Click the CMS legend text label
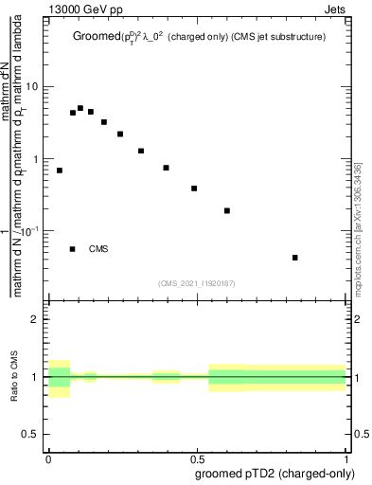(x=98, y=249)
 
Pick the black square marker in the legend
(x=73, y=249)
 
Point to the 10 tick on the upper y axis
(x=33, y=87)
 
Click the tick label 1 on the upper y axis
(x=37, y=159)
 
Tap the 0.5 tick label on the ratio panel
(x=31, y=434)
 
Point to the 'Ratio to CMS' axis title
(x=15, y=376)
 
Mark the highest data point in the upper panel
(x=80, y=108)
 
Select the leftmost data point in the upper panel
(x=60, y=171)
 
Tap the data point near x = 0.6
(x=227, y=210)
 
